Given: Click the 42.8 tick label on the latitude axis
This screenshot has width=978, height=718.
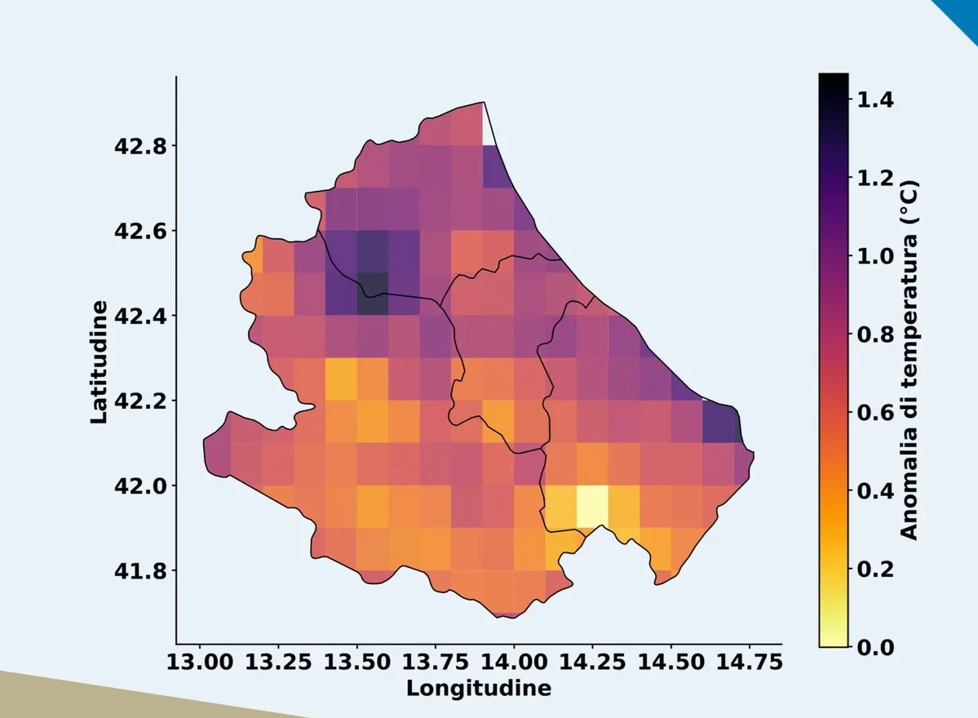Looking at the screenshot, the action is coord(140,146).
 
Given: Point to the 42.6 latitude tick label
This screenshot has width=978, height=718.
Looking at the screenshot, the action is coord(140,231).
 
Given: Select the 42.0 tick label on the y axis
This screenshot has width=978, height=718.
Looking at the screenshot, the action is coord(140,485).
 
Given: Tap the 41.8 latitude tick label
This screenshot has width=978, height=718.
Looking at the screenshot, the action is coord(140,570).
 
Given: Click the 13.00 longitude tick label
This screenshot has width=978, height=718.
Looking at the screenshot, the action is coord(200,662).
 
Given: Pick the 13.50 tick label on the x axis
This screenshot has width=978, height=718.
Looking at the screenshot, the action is coord(356,662).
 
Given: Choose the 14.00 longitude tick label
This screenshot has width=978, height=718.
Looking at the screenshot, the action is coord(514,662).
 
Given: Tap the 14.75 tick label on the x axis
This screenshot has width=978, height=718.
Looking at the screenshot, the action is coord(749,662).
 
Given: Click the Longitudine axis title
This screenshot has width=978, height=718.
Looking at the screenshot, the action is coord(479,688).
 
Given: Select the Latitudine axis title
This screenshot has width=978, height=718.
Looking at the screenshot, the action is coord(99,362).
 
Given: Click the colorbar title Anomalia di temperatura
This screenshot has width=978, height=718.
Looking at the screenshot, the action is coord(909,360).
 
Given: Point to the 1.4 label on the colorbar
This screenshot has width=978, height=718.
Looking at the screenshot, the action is coord(875,100).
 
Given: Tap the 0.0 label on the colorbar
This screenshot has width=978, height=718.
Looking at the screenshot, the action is coord(875,648).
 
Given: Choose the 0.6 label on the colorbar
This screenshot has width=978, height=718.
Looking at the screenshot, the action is coord(875,412).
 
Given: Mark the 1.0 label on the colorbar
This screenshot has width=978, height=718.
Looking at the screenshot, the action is coord(875,255).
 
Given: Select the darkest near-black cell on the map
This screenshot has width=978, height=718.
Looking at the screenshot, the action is coord(373,294).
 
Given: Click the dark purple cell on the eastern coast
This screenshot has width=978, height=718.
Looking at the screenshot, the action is coord(721,423).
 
